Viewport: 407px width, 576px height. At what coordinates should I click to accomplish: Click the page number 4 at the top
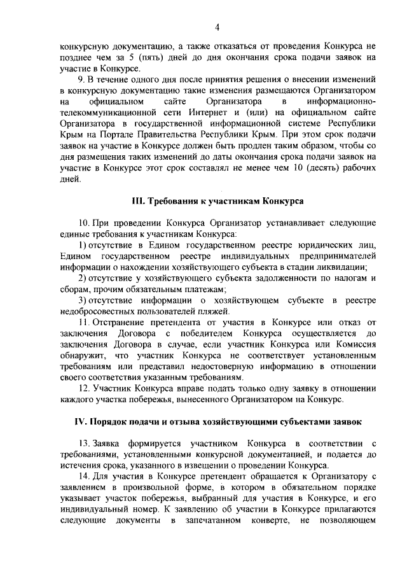click(217, 27)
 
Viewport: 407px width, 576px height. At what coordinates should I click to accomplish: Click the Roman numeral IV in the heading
click(80, 421)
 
